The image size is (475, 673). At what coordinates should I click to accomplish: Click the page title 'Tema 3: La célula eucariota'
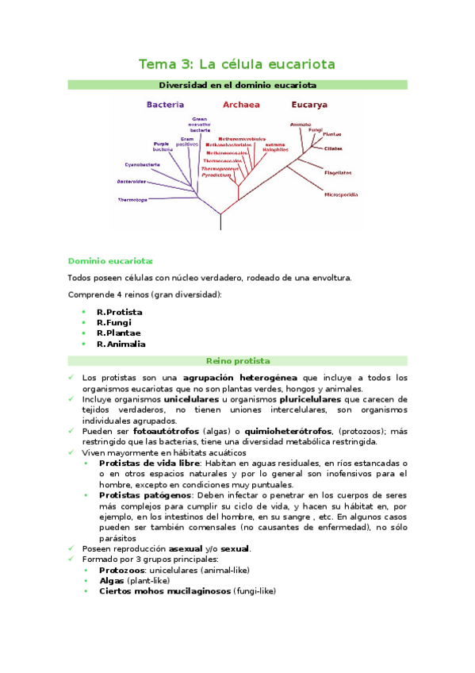click(x=237, y=63)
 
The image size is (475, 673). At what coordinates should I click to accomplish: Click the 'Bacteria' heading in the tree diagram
click(x=165, y=105)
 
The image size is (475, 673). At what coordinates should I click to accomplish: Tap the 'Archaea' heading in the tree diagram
click(x=241, y=105)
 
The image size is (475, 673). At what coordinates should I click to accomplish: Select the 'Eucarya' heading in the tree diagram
click(x=309, y=105)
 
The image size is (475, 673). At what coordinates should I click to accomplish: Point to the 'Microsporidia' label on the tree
click(x=341, y=194)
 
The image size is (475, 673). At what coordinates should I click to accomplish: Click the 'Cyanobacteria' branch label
click(x=143, y=164)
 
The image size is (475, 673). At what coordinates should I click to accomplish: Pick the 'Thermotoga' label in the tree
click(x=132, y=199)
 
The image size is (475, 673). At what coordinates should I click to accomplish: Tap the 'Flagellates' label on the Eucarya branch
click(x=339, y=172)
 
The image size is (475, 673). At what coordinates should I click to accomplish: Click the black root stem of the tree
click(x=220, y=221)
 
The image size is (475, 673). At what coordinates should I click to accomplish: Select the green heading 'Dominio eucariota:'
click(x=110, y=260)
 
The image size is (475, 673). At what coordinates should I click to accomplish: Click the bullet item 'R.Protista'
click(x=120, y=312)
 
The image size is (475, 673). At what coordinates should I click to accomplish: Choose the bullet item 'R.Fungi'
click(x=115, y=323)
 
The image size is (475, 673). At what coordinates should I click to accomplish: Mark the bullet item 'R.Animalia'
click(x=121, y=344)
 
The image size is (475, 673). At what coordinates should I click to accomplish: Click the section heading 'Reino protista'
click(x=237, y=360)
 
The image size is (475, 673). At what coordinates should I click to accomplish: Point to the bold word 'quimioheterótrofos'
click(x=289, y=431)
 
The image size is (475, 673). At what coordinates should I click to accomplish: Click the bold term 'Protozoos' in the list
click(x=121, y=570)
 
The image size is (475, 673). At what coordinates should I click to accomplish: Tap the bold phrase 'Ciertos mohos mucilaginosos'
click(x=165, y=591)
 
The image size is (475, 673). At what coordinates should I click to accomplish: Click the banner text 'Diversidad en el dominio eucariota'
click(x=237, y=84)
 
